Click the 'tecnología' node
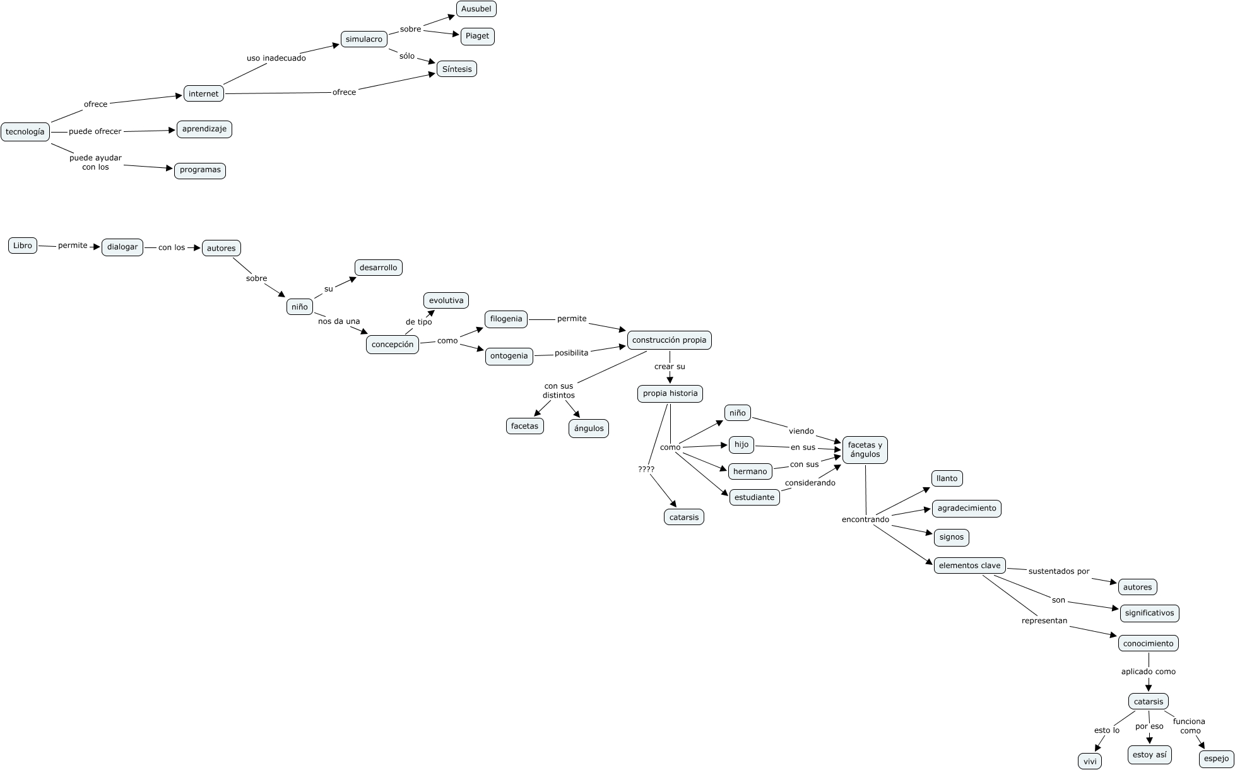tap(25, 132)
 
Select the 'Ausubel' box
tap(476, 9)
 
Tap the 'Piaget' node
tap(477, 36)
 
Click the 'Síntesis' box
tap(457, 69)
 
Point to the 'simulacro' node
tap(364, 39)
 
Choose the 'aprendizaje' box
tap(204, 129)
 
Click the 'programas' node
tap(200, 170)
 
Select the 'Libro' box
tap(23, 246)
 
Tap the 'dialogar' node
tap(122, 247)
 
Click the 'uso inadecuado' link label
tap(276, 58)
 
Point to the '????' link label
tap(646, 469)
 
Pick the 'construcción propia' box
tap(669, 340)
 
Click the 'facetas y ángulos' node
tap(865, 449)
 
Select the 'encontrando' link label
tap(865, 519)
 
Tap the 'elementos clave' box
tap(969, 566)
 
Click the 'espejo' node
tap(1216, 759)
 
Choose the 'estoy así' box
tap(1149, 754)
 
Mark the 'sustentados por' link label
tap(1059, 571)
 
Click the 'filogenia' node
tap(506, 319)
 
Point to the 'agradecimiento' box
tap(966, 508)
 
